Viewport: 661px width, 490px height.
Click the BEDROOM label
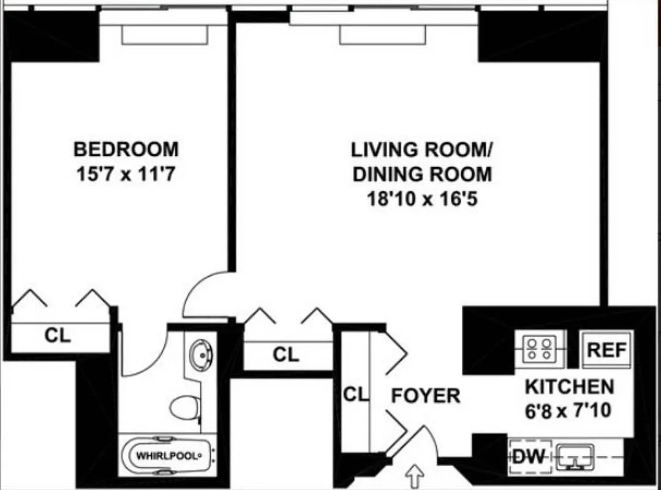[126, 149]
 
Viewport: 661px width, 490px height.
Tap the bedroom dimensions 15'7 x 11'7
[126, 174]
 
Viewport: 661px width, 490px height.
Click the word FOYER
[426, 396]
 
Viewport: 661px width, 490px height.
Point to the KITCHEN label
[569, 386]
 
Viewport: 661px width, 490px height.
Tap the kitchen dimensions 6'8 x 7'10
[568, 410]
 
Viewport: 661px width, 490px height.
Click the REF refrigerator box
[606, 351]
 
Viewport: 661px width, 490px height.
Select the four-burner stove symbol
[539, 350]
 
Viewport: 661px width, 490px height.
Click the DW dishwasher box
[529, 456]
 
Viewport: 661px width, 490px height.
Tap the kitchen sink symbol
[576, 456]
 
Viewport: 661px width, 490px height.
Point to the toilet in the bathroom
[184, 407]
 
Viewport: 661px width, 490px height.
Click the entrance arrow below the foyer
[415, 475]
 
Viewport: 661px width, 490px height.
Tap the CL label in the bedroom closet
[58, 336]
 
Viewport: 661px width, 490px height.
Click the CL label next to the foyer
[356, 395]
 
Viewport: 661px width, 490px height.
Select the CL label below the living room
[286, 355]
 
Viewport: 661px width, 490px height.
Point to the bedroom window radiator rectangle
[164, 35]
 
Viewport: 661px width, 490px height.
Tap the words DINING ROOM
[421, 174]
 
